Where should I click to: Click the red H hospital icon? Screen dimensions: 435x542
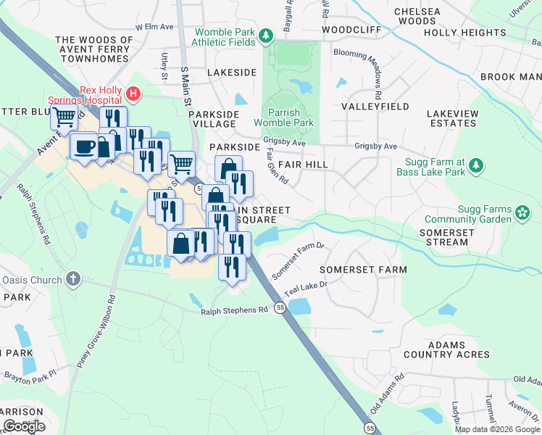coord(133,93)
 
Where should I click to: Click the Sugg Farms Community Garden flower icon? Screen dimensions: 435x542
coord(523,212)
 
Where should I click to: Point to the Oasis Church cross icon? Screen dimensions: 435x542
coord(72,278)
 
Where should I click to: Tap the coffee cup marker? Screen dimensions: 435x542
coord(84,146)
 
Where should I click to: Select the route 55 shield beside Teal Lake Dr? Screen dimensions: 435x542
coord(280,308)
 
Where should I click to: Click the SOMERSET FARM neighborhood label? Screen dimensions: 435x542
coord(364,269)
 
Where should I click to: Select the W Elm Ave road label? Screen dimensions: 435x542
coord(159,27)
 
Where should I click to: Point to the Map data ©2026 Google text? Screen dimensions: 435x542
coord(496,429)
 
